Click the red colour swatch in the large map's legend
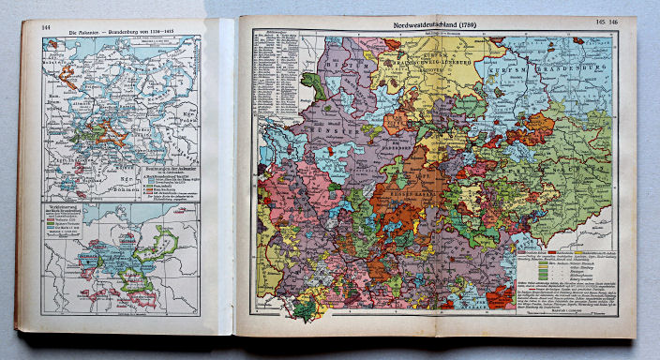coord(521,251)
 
